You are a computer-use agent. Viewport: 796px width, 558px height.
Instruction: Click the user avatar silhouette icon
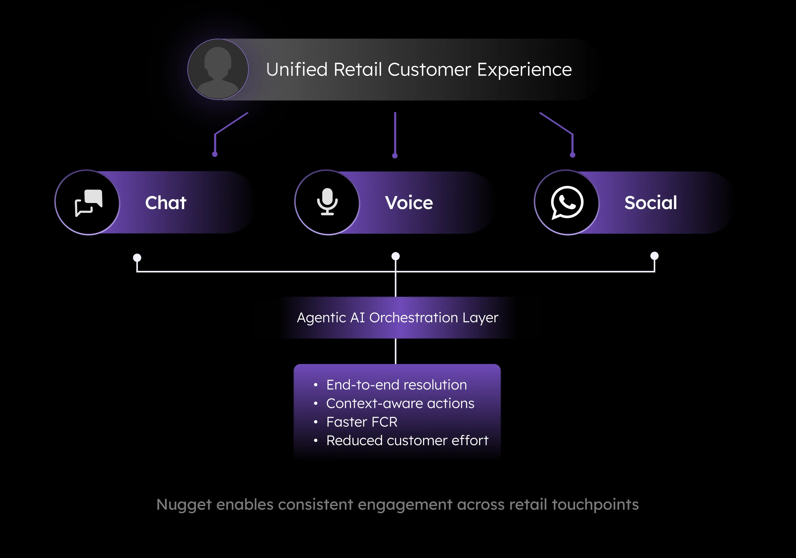[218, 69]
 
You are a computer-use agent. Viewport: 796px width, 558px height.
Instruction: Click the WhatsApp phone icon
[567, 202]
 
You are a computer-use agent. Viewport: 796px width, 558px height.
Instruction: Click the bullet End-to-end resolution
[396, 385]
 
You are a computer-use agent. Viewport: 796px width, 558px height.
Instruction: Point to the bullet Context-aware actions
[400, 403]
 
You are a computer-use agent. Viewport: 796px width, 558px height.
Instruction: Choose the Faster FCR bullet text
[362, 422]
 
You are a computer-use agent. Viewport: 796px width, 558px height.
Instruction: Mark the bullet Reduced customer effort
[407, 441]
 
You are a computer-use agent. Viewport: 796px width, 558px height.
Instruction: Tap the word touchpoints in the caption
[595, 505]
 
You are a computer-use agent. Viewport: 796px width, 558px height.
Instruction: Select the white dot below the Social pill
[654, 256]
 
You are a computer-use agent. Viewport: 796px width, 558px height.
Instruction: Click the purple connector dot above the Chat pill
[215, 154]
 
